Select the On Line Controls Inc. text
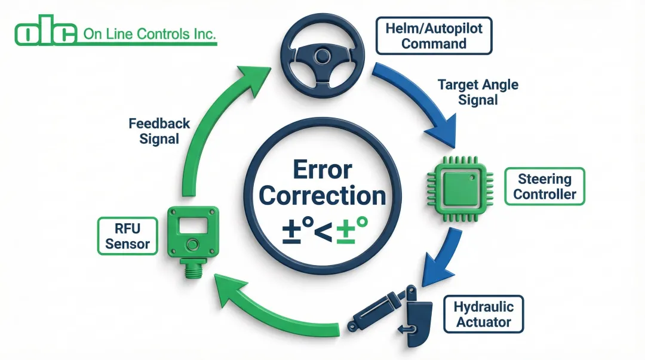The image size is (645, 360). [x=149, y=34]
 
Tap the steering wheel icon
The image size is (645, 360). [x=323, y=57]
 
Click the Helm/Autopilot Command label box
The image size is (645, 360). [x=434, y=36]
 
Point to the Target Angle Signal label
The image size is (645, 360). [x=478, y=92]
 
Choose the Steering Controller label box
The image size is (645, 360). [x=545, y=186]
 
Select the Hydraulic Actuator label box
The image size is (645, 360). [x=483, y=315]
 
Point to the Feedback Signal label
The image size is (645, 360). [x=159, y=131]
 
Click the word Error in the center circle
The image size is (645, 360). [x=322, y=170]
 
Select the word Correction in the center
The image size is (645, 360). [x=322, y=196]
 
